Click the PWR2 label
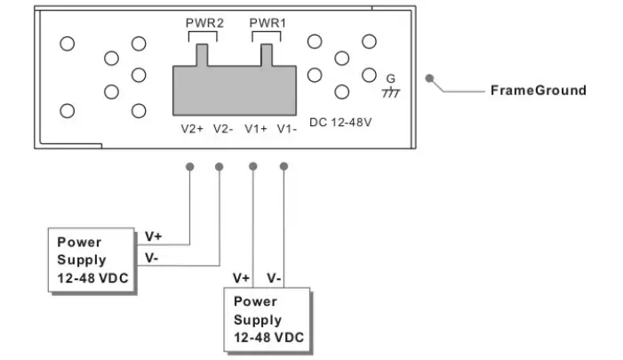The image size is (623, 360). tap(202, 20)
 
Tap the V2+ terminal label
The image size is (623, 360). tap(193, 128)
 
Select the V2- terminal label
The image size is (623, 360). tap(221, 128)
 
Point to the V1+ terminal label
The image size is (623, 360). tap(257, 128)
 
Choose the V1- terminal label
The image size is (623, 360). tap(286, 128)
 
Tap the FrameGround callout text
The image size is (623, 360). tap(539, 91)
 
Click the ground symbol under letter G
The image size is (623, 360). tap(390, 92)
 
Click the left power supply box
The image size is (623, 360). tap(92, 260)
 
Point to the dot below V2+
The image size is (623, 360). tap(189, 166)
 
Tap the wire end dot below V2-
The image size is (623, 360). tap(220, 166)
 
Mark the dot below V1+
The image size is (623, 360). tap(254, 166)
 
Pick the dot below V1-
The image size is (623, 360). tap(284, 166)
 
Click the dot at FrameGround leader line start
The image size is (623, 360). tap(429, 78)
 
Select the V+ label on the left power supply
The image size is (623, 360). tap(153, 237)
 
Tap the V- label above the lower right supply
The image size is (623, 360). tap(275, 278)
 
